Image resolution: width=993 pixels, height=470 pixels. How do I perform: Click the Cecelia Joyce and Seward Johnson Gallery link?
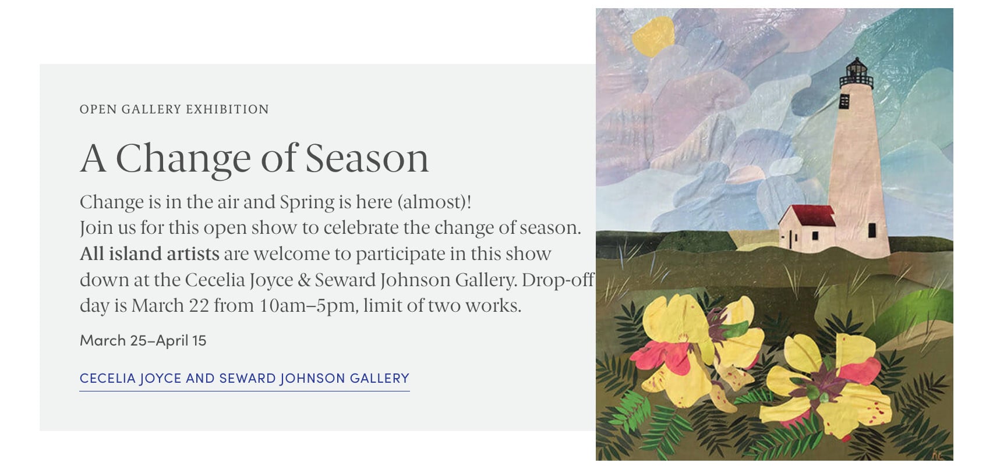(x=245, y=379)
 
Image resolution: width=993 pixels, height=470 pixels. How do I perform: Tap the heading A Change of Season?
(x=255, y=158)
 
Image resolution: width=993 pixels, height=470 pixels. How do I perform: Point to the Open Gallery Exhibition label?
(x=174, y=109)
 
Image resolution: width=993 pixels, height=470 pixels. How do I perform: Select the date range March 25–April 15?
(x=143, y=341)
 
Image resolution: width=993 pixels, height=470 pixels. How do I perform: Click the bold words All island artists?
(x=150, y=254)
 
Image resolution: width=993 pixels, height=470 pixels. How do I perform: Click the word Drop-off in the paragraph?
(x=558, y=280)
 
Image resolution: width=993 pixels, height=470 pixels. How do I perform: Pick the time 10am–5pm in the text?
(x=308, y=306)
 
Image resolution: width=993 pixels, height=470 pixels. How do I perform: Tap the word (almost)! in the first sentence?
(x=434, y=202)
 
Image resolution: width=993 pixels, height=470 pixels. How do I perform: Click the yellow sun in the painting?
(x=653, y=36)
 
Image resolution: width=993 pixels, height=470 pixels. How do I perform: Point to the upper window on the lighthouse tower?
(x=844, y=101)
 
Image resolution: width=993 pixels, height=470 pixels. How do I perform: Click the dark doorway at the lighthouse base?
(x=872, y=230)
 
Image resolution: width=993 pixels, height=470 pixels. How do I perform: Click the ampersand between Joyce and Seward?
(x=304, y=280)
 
